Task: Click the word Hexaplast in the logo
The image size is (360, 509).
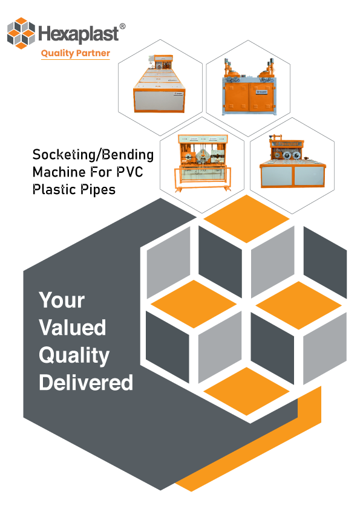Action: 79,34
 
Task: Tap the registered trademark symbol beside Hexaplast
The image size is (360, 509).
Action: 122,26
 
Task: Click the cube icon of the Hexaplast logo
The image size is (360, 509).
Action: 21,33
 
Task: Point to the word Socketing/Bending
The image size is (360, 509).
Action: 93,155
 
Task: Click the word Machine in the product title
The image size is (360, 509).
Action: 59,172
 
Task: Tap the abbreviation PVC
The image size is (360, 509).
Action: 129,172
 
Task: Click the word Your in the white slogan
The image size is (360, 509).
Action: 62,300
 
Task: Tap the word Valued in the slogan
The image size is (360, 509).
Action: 73,327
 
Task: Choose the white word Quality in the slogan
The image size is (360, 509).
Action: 74,355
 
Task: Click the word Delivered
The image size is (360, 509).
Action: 86,383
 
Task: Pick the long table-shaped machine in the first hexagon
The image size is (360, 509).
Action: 159,84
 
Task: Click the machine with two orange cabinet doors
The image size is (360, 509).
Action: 249,87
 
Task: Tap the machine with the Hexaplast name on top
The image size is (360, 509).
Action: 292,161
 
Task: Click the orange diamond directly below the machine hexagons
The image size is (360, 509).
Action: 247,219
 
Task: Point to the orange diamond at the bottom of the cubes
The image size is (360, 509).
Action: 247,391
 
